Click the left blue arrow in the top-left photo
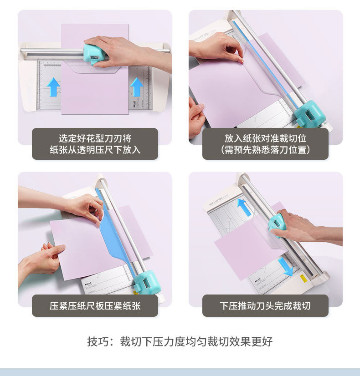[53, 87]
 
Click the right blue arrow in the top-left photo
[137, 87]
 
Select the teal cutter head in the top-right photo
[310, 113]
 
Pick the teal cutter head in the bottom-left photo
[146, 282]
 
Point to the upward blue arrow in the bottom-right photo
[244, 208]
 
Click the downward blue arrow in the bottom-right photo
[286, 267]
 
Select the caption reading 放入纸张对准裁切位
[265, 138]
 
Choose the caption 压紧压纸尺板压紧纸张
[95, 306]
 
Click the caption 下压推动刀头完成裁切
[265, 306]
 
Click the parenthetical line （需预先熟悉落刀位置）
[265, 150]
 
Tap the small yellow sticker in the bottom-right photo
[303, 279]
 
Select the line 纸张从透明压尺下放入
[95, 150]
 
